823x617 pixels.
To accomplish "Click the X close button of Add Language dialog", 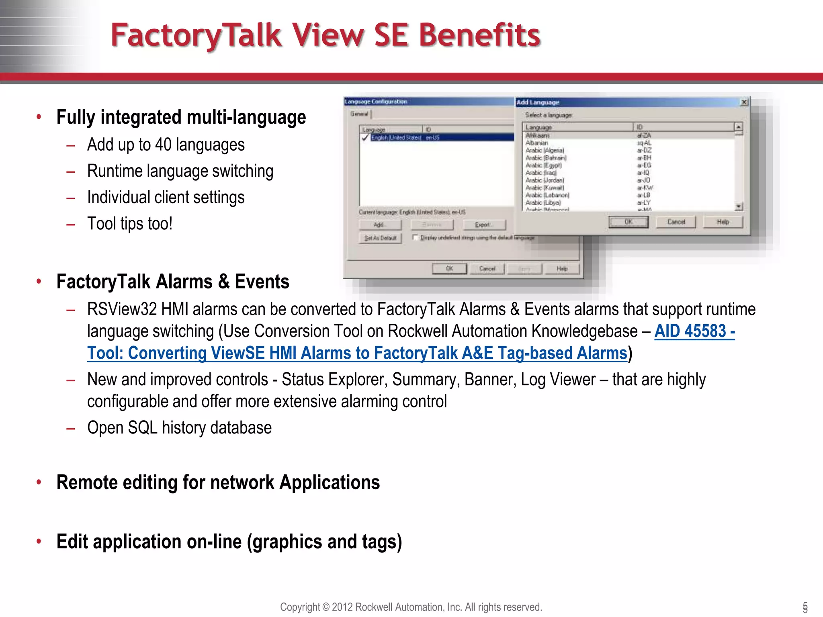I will (744, 102).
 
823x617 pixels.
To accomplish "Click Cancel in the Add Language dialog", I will (676, 222).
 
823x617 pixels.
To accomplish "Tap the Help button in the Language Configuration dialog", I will (562, 269).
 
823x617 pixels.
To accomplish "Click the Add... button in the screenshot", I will (380, 225).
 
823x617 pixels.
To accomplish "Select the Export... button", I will (484, 225).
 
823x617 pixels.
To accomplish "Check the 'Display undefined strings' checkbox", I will (416, 237).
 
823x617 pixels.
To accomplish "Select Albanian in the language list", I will (537, 143).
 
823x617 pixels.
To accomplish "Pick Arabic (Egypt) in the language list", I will (544, 165).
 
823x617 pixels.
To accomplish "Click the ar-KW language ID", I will (645, 188).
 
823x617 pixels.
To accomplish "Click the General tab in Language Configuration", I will (359, 114).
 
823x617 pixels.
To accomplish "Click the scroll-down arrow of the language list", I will (739, 206).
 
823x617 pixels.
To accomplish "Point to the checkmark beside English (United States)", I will (365, 137).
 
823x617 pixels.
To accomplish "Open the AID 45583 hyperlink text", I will (694, 331).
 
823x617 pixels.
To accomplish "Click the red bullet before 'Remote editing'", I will (39, 482).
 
